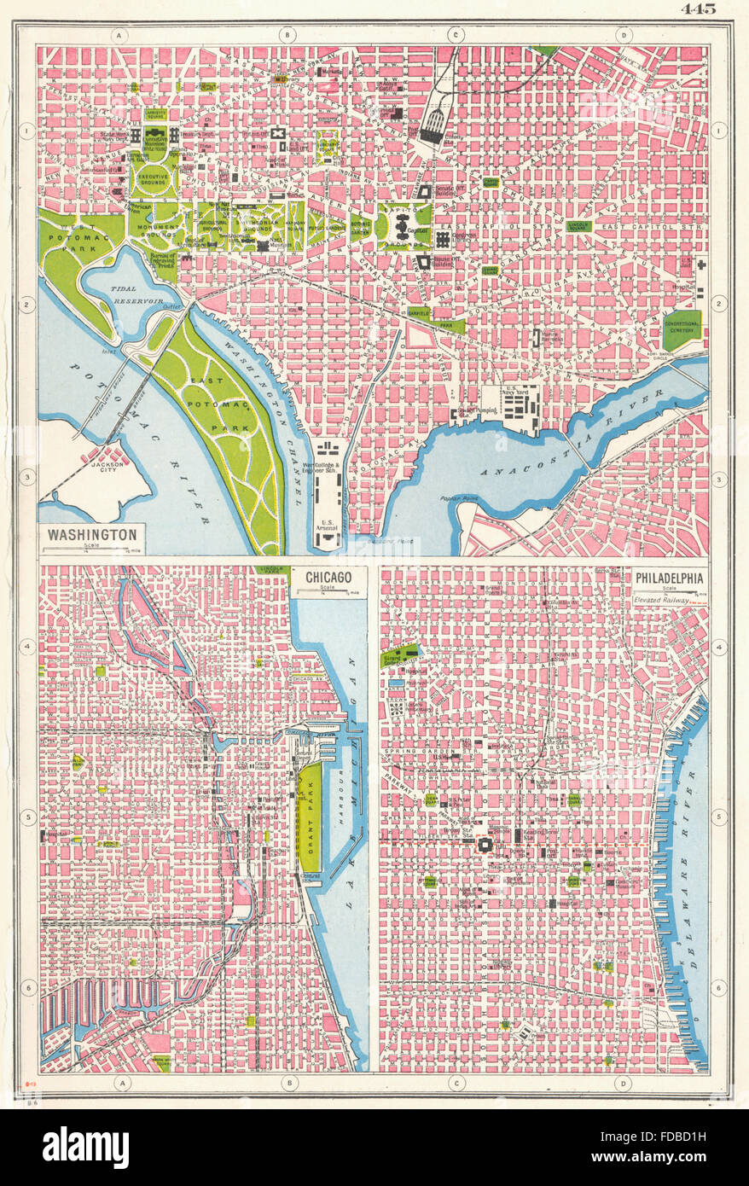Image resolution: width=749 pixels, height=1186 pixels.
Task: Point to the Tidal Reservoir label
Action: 128,294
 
